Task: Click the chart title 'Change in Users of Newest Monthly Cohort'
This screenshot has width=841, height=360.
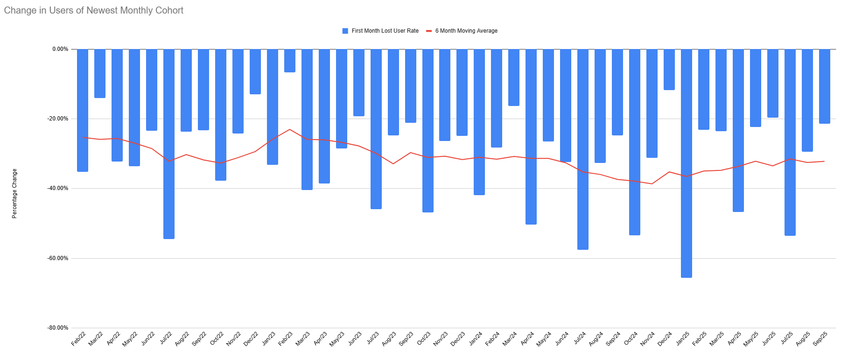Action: (94, 10)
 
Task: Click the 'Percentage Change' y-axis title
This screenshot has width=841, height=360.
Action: (14, 193)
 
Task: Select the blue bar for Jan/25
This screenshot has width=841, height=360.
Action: (687, 163)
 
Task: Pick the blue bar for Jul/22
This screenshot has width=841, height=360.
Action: (169, 144)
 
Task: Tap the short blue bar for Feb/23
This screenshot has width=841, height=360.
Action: (290, 61)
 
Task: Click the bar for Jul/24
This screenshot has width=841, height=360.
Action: (583, 149)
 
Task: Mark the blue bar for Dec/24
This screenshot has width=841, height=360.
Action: (669, 70)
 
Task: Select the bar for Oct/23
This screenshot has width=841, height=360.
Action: (428, 131)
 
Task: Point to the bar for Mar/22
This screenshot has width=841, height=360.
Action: (100, 73)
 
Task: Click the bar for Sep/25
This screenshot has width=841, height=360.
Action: (825, 86)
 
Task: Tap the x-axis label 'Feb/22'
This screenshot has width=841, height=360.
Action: (78, 339)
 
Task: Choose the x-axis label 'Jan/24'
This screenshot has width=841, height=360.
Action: (476, 339)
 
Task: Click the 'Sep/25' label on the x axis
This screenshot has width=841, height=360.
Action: (820, 339)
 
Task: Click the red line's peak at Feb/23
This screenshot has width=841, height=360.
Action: (290, 129)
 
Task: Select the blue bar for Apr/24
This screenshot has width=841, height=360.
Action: (531, 137)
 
